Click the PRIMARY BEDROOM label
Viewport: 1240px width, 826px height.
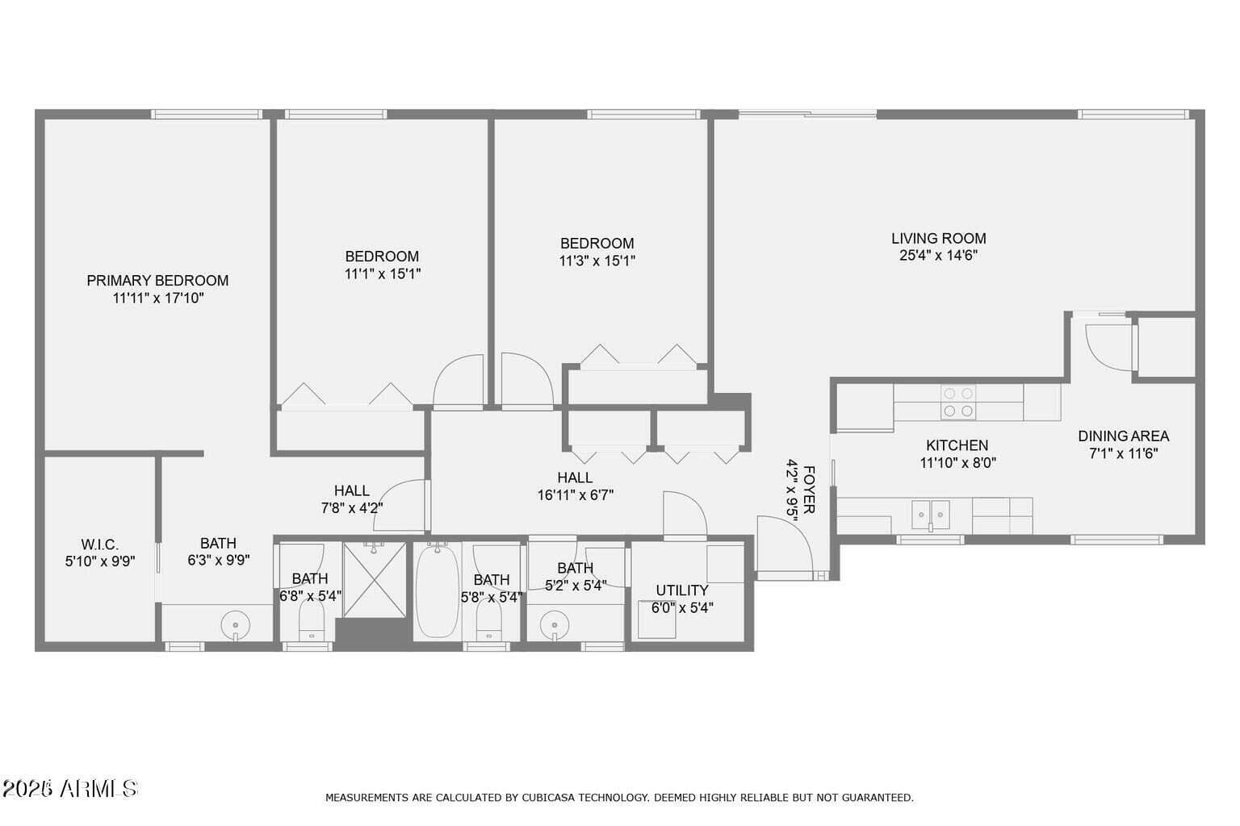[x=157, y=281]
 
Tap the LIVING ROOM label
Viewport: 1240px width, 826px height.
[x=938, y=239]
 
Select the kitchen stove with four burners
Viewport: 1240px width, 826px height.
[x=958, y=403]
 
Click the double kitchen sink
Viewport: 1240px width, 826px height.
[x=931, y=515]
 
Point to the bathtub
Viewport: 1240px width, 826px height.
[x=438, y=590]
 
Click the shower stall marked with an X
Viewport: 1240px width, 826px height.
[x=375, y=579]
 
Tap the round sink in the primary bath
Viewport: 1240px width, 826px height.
[x=235, y=626]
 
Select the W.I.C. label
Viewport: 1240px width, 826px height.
[x=100, y=544]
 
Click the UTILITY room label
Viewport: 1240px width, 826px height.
[x=682, y=590]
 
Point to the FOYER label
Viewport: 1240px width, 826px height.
[x=808, y=490]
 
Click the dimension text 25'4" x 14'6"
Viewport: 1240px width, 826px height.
[x=938, y=256]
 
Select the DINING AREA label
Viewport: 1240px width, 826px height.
[x=1123, y=436]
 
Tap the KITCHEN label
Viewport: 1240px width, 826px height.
[x=957, y=445]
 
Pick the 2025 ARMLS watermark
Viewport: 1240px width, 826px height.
[x=69, y=788]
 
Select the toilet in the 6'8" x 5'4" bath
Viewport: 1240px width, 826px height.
[x=311, y=620]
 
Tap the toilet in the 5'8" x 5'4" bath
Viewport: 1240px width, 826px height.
[x=488, y=620]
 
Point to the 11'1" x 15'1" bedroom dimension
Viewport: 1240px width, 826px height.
[x=383, y=274]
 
